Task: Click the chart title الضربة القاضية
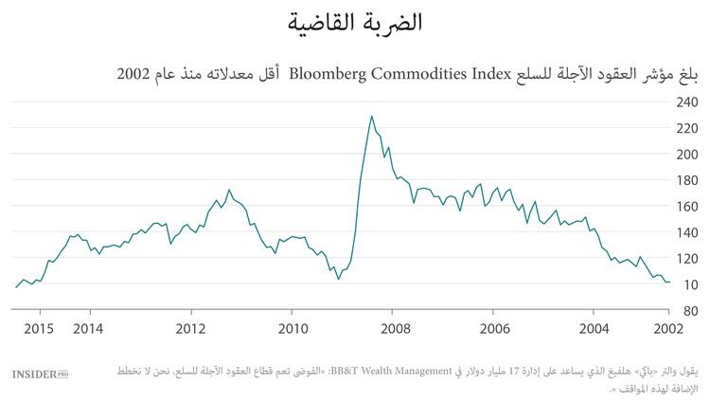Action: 355,22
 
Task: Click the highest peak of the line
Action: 371,116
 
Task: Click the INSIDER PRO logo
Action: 41,375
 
